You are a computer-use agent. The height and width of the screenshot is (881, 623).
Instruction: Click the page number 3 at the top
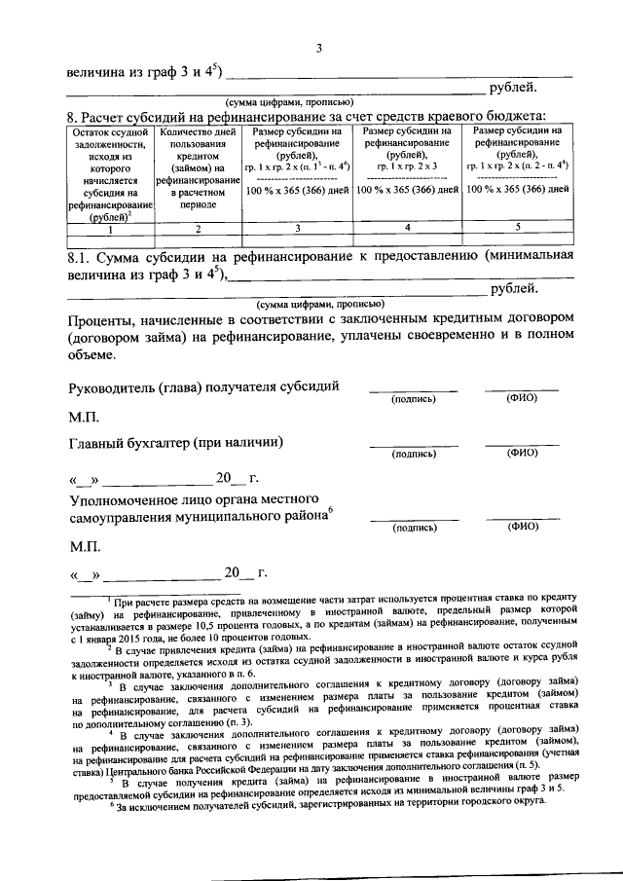pos(317,50)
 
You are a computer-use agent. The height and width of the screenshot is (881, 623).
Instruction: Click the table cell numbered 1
pos(110,230)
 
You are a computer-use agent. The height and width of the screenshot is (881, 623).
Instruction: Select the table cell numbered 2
pos(198,230)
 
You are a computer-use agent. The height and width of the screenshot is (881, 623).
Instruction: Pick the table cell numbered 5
pos(518,228)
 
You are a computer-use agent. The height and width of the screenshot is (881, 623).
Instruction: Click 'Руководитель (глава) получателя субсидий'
pos(204,386)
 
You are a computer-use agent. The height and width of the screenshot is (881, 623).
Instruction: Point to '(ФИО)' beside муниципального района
pos(523,527)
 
